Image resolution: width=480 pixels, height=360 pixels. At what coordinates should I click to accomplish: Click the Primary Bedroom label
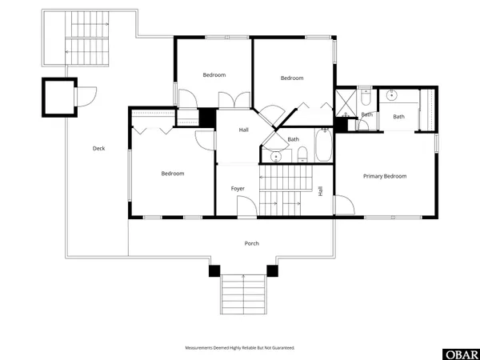[x=385, y=176]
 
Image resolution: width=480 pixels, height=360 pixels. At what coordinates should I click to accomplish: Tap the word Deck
[x=98, y=148]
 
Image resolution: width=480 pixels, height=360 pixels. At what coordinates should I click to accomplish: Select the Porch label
[x=252, y=243]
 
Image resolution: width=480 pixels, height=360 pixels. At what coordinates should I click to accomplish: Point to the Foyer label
[x=238, y=189]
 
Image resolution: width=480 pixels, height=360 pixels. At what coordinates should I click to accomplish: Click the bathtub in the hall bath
[x=322, y=146]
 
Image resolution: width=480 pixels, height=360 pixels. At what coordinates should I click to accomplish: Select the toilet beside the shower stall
[x=365, y=100]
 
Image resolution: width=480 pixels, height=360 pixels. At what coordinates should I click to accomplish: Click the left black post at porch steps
[x=214, y=271]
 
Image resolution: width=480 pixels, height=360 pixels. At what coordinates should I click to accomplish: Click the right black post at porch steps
[x=272, y=271]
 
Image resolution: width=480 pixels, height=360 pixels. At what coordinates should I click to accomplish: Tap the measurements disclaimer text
[x=240, y=348]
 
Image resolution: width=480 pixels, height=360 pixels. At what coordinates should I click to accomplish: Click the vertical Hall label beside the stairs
[x=321, y=191]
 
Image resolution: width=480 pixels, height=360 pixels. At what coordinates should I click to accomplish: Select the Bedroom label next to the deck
[x=172, y=174]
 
